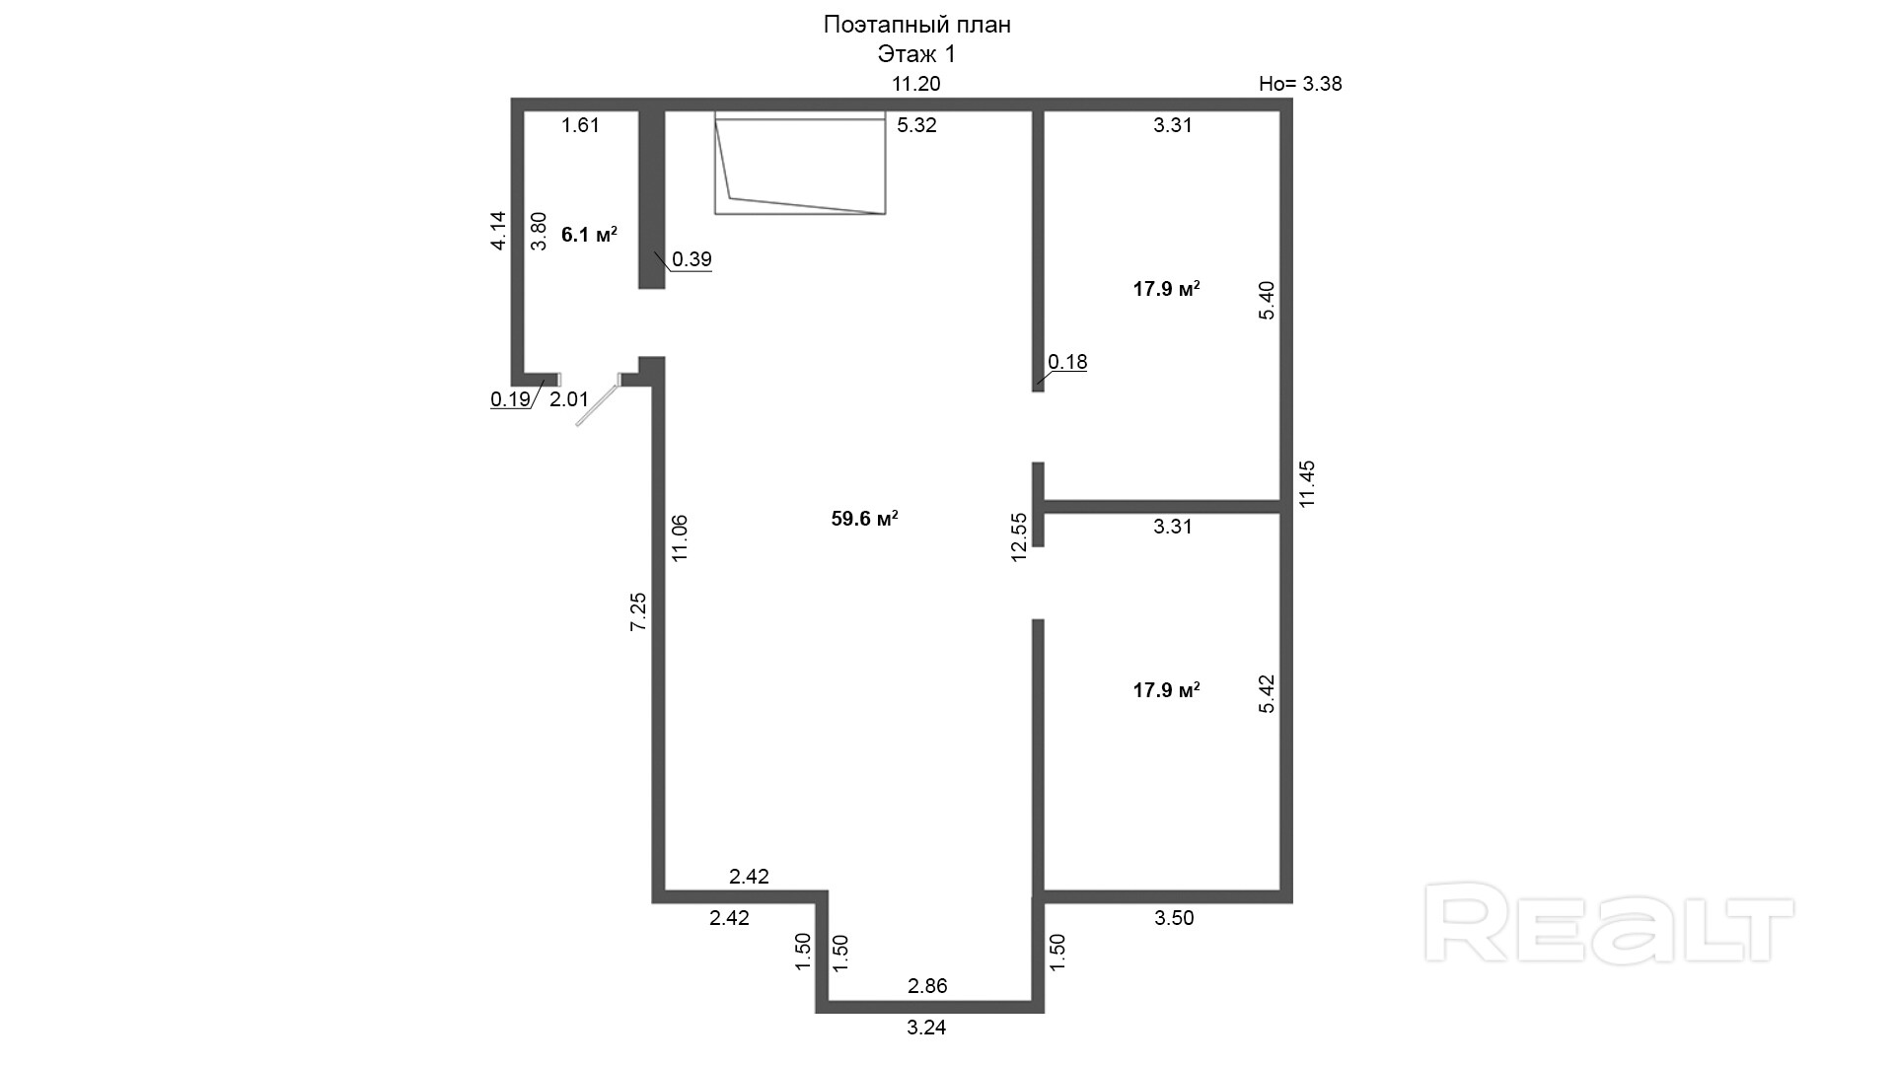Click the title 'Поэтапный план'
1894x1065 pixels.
[916, 26]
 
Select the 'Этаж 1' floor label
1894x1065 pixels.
[916, 54]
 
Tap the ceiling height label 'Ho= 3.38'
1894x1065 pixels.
[1300, 84]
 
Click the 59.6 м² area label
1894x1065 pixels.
[864, 519]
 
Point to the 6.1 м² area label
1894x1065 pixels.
[589, 235]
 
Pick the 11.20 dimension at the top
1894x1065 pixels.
[916, 84]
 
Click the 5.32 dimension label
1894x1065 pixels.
[916, 125]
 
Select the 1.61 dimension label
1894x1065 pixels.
[580, 125]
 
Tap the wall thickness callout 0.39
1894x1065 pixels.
[692, 259]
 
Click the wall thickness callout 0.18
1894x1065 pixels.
[1067, 362]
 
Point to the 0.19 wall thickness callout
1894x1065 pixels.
[510, 399]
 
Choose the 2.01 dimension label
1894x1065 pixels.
[568, 399]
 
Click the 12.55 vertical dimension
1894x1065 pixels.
[1019, 537]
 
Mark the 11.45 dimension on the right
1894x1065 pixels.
[1308, 484]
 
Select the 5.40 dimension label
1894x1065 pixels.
[1267, 300]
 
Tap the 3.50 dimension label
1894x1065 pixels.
[1174, 918]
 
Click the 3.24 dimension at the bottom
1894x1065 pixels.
[926, 1028]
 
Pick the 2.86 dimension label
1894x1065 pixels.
[927, 986]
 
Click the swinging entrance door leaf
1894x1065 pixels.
[598, 404]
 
